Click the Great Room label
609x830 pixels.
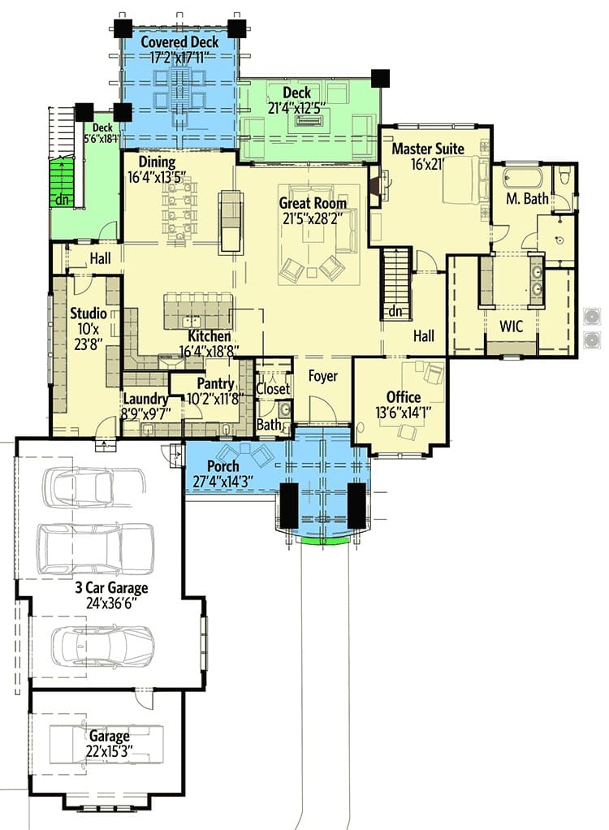[x=313, y=203]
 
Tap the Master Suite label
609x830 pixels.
[x=427, y=149]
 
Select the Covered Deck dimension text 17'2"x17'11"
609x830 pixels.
[x=179, y=57]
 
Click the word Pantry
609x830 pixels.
[x=215, y=383]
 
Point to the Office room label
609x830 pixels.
[x=404, y=397]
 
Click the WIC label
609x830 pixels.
[x=511, y=326]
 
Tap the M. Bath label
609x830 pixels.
[x=527, y=198]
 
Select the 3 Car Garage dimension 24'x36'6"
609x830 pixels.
[x=111, y=603]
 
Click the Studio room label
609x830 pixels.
[x=89, y=313]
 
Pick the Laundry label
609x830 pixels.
[x=145, y=399]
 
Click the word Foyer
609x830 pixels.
[x=322, y=376]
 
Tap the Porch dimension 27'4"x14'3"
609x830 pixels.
[x=222, y=481]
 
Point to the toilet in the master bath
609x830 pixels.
[x=564, y=175]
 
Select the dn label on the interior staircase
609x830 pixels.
[x=395, y=312]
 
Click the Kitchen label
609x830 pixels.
[x=209, y=336]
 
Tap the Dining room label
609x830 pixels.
[x=158, y=162]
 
